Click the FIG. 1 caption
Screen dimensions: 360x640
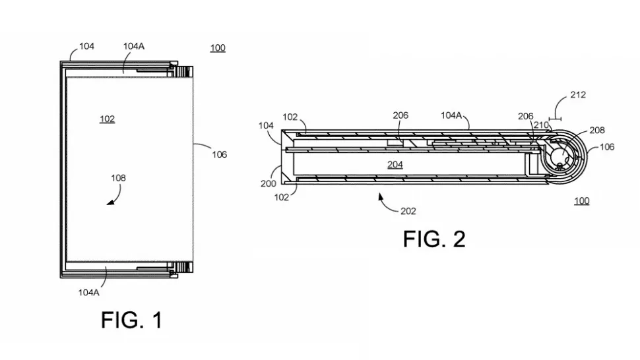(131, 320)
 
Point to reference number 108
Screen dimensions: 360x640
(119, 178)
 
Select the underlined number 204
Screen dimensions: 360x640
(395, 165)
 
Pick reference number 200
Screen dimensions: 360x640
(268, 184)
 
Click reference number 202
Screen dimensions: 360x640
(409, 211)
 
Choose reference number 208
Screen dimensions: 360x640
(596, 131)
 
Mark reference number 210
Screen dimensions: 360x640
(541, 125)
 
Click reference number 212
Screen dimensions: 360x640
(577, 95)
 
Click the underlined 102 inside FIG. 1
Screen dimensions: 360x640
(107, 119)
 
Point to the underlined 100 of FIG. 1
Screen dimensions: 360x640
(217, 48)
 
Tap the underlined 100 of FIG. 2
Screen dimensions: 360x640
(581, 200)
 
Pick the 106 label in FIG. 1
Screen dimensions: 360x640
(219, 155)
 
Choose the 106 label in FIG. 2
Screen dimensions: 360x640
(606, 147)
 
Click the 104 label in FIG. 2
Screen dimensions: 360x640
(266, 125)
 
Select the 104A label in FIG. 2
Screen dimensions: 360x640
(452, 115)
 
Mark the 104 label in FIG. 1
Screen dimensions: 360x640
(86, 46)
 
